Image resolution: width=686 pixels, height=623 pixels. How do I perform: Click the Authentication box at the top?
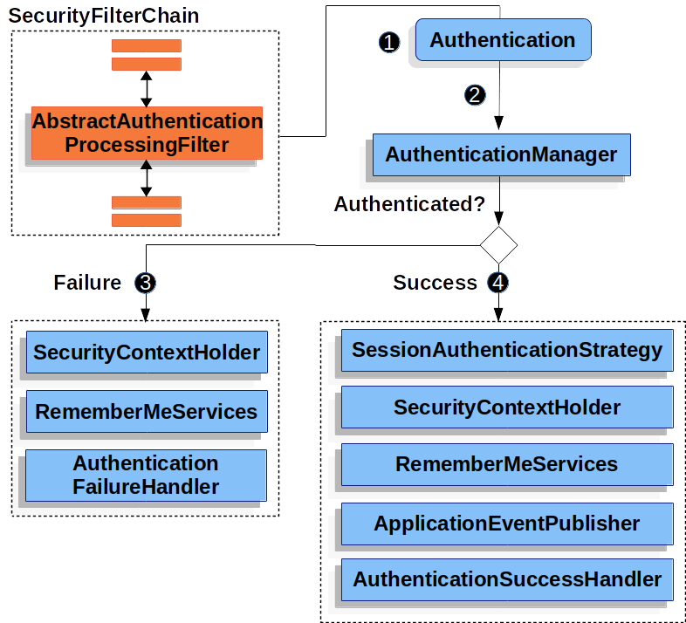click(502, 40)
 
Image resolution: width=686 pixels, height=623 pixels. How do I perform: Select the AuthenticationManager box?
click(501, 154)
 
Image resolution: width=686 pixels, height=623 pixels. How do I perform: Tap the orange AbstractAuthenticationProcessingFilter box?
click(147, 133)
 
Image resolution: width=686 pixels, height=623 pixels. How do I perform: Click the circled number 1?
click(389, 42)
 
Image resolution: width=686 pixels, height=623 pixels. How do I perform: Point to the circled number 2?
click(475, 95)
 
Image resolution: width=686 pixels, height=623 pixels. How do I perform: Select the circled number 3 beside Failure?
click(146, 283)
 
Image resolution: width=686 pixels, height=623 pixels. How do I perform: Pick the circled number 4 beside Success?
click(498, 283)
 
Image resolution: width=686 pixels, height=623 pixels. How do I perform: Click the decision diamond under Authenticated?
click(498, 243)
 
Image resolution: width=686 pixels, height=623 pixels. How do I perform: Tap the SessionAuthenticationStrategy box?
click(506, 351)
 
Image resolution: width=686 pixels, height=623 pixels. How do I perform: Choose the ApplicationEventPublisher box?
click(506, 524)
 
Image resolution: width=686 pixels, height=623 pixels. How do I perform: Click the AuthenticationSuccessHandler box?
click(506, 579)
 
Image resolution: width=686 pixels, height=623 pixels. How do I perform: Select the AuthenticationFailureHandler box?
click(146, 475)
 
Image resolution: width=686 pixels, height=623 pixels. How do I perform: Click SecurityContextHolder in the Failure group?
click(146, 353)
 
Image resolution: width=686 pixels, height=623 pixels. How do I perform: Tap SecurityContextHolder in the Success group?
click(506, 407)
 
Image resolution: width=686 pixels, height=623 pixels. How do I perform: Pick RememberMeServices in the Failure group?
click(146, 412)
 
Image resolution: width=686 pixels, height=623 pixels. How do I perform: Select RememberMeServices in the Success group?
click(506, 464)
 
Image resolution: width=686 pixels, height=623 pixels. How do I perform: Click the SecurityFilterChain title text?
click(104, 16)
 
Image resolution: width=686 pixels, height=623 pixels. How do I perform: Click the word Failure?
click(87, 283)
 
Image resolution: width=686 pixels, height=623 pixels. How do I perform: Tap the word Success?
click(435, 283)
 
